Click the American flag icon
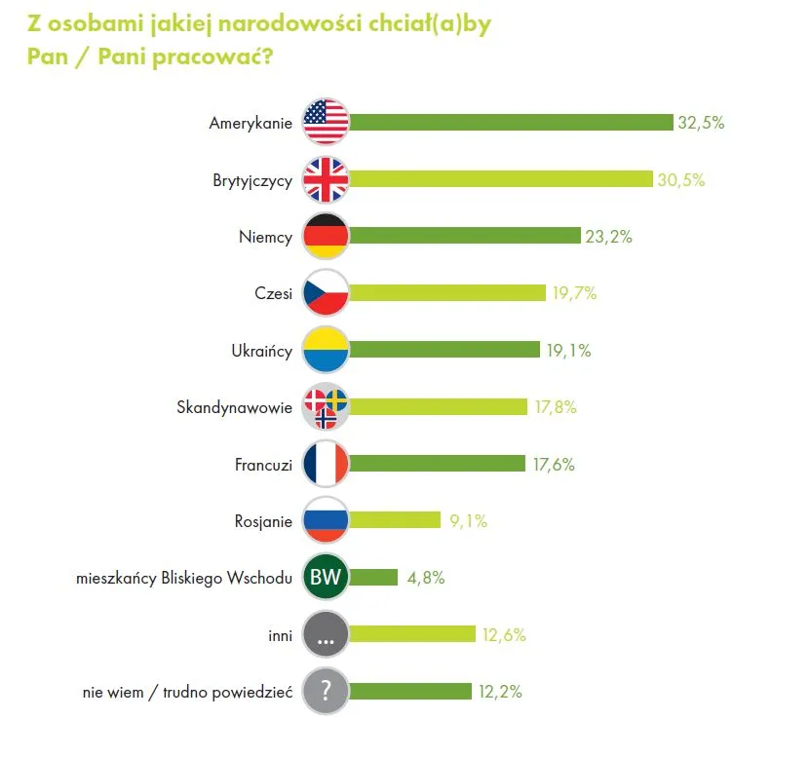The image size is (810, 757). (x=326, y=123)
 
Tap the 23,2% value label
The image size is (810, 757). (x=610, y=237)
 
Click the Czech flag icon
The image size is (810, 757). (x=326, y=293)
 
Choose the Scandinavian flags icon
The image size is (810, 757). (x=326, y=407)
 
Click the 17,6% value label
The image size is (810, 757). (x=554, y=465)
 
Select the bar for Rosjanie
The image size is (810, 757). (x=395, y=521)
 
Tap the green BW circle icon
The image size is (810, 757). (x=326, y=578)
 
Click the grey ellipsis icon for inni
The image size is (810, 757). (x=326, y=635)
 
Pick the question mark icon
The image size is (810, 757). (x=326, y=692)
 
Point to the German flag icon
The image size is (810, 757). (x=326, y=237)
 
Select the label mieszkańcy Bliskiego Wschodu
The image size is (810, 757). (x=184, y=578)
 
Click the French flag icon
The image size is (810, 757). (x=326, y=465)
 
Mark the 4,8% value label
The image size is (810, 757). (x=426, y=578)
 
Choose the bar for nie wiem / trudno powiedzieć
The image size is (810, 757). (x=410, y=692)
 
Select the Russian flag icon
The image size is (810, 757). (x=326, y=521)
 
